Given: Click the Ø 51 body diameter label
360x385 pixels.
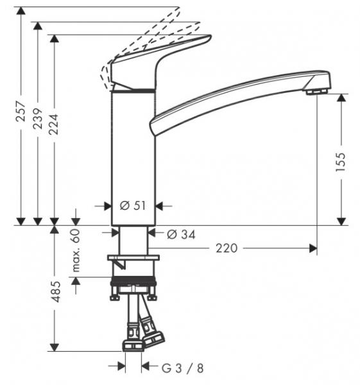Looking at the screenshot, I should tap(133, 206).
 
